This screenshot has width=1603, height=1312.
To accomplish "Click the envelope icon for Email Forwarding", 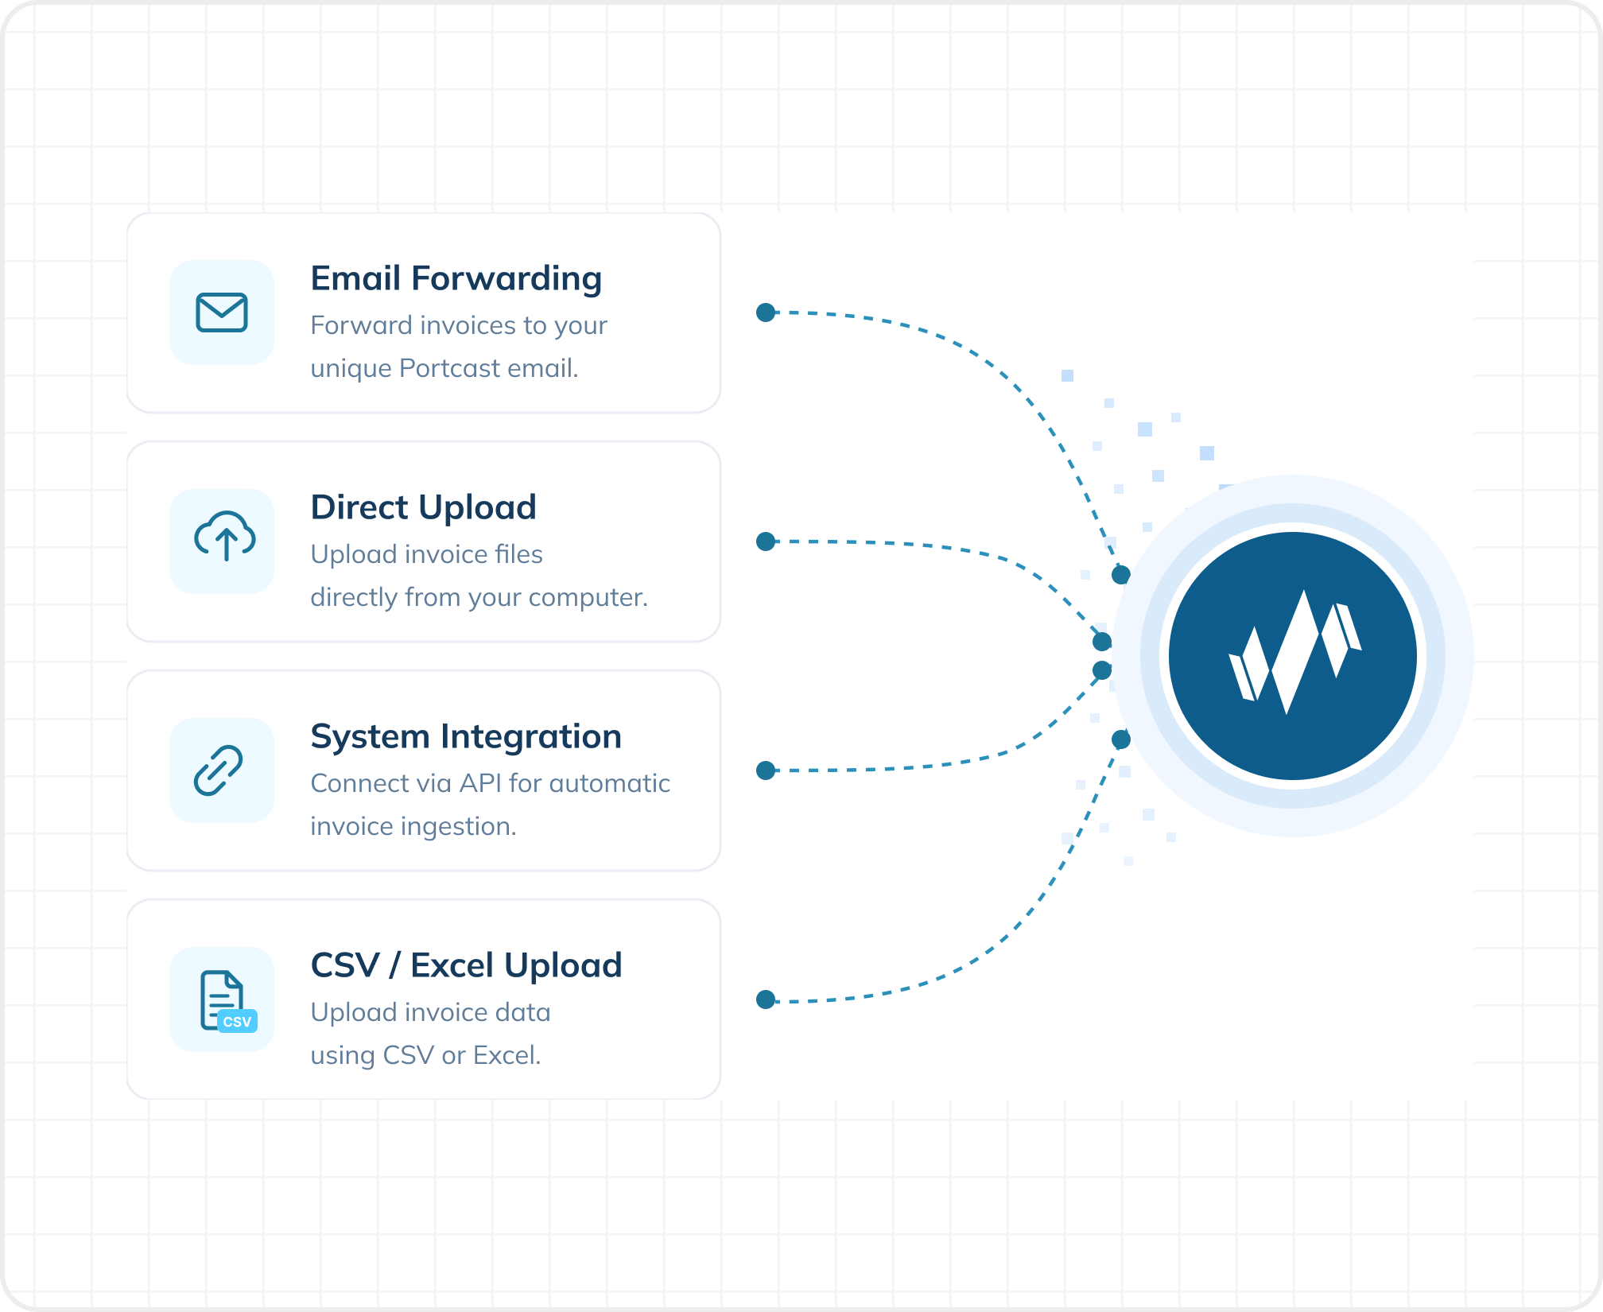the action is click(222, 312).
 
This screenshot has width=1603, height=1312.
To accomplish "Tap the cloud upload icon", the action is click(225, 537).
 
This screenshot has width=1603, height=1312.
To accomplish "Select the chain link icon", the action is click(219, 771).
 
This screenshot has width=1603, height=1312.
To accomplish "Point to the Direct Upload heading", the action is click(424, 507).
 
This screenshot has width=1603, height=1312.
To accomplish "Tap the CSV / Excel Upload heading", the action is click(466, 965).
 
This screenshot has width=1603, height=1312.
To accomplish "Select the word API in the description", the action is click(480, 783).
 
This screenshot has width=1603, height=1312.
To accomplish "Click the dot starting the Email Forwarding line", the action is click(766, 312).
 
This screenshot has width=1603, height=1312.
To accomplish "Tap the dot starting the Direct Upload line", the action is click(766, 541).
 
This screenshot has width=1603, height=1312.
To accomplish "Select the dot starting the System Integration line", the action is click(766, 771).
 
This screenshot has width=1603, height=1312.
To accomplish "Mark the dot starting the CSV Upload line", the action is click(766, 1000).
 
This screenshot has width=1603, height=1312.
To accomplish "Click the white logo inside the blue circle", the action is click(1294, 651).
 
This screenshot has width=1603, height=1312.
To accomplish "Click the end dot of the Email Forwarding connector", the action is click(1121, 574).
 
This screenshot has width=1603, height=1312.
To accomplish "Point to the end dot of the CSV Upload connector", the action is click(1121, 739).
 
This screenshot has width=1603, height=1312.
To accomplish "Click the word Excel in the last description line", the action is click(507, 1055).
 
